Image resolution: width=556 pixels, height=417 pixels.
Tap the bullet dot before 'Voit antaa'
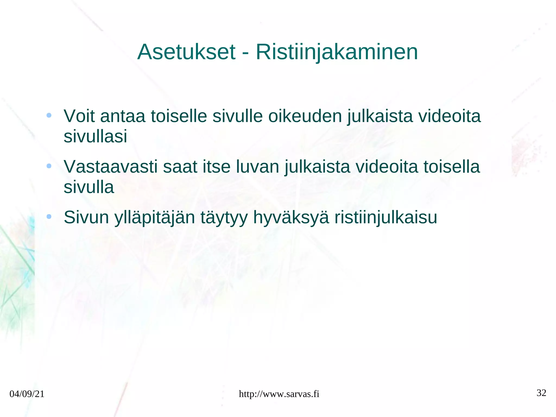click(x=49, y=115)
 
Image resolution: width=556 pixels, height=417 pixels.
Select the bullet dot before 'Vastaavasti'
click(x=49, y=166)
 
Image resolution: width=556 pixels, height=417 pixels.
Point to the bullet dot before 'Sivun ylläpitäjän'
click(x=49, y=216)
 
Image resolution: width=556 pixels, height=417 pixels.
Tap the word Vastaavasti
click(x=110, y=167)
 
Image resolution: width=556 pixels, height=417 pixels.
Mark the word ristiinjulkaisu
click(x=386, y=218)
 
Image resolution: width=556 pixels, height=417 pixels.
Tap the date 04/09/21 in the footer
click(x=27, y=394)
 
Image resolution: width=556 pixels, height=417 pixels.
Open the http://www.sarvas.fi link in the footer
click(x=279, y=394)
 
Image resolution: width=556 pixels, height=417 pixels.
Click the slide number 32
click(x=541, y=393)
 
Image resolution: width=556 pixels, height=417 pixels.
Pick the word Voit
click(x=79, y=116)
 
